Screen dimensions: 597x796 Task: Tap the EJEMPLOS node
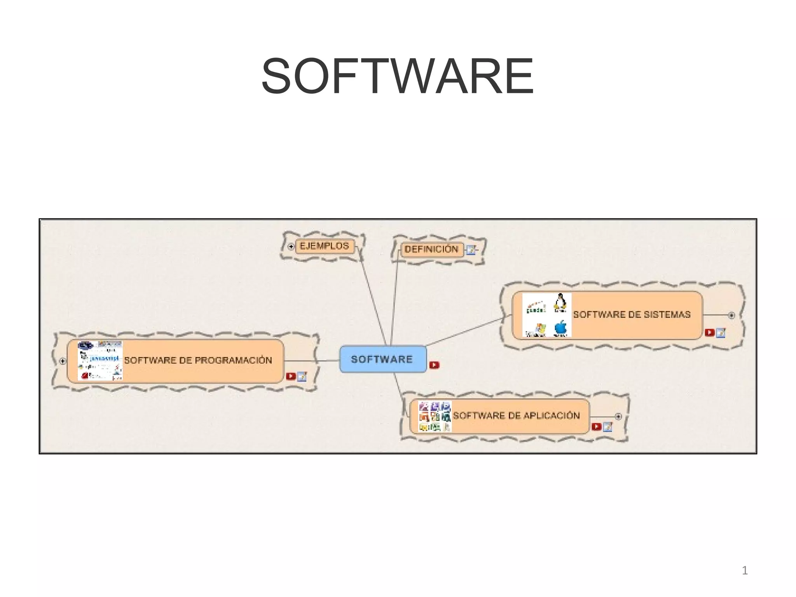pyautogui.click(x=325, y=246)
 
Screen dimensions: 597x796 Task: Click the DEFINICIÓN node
pyautogui.click(x=431, y=249)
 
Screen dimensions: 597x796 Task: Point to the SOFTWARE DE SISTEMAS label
pyautogui.click(x=632, y=314)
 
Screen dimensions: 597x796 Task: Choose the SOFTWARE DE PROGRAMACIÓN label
pyautogui.click(x=198, y=360)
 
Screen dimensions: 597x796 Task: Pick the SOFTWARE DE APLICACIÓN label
pyautogui.click(x=516, y=415)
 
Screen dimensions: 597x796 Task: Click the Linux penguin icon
pyautogui.click(x=560, y=303)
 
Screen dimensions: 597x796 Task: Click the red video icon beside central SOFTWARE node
pyautogui.click(x=434, y=365)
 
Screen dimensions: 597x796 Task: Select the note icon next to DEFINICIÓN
pyautogui.click(x=471, y=250)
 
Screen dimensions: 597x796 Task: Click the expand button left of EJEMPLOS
pyautogui.click(x=291, y=246)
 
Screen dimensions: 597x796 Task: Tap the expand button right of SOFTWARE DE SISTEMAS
pyautogui.click(x=731, y=315)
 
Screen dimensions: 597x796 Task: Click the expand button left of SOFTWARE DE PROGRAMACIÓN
pyautogui.click(x=63, y=361)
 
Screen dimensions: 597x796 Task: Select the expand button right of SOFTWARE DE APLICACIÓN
pyautogui.click(x=618, y=417)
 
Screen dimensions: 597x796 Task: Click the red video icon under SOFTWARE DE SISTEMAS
pyautogui.click(x=709, y=332)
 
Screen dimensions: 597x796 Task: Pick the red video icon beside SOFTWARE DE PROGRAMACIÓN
pyautogui.click(x=290, y=376)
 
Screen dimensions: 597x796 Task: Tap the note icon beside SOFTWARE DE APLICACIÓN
pyautogui.click(x=607, y=427)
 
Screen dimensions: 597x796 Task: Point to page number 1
pyautogui.click(x=745, y=571)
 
